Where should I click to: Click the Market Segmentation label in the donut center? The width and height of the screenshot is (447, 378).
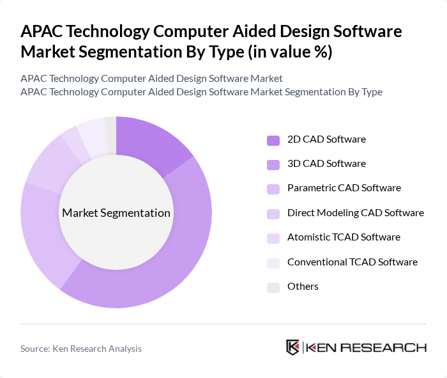116,213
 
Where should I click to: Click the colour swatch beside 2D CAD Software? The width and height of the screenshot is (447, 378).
273,140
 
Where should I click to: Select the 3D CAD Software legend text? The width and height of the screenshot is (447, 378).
326,164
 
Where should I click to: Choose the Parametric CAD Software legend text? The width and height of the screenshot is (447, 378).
344,188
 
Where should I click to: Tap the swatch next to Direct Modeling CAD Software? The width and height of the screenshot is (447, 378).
273,214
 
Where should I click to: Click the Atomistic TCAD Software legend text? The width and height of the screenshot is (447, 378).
344,237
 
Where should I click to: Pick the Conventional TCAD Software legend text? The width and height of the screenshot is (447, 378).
352,262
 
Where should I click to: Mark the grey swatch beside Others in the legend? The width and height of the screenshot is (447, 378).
273,287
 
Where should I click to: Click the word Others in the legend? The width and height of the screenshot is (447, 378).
303,287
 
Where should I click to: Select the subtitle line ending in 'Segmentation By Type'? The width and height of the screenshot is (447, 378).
201,92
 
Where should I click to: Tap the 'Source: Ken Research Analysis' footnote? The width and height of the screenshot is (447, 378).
81,349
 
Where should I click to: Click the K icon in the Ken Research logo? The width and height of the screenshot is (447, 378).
292,347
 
